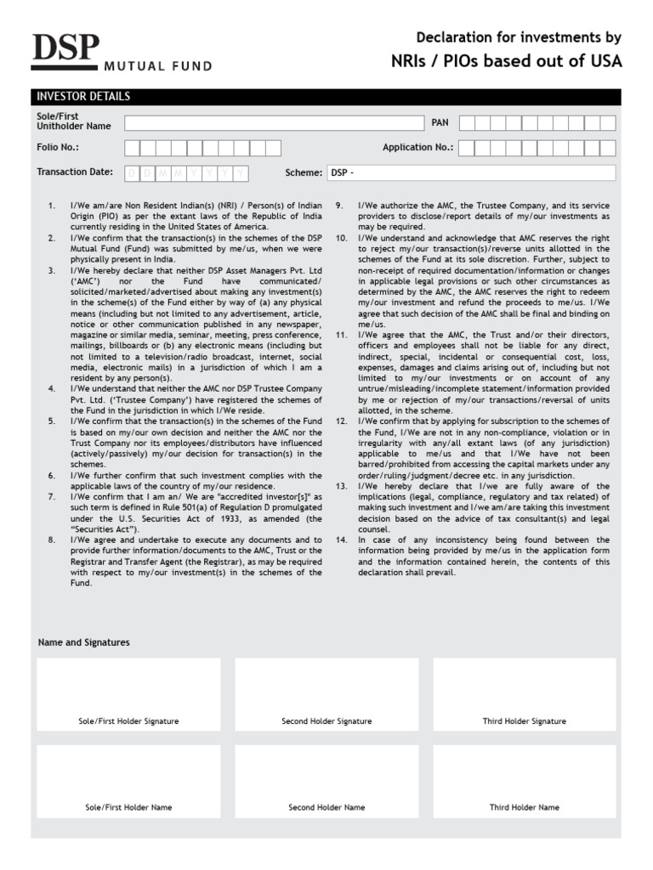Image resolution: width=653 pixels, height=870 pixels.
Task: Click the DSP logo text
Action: [65, 50]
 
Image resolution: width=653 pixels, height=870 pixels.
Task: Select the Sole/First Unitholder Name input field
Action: [274, 123]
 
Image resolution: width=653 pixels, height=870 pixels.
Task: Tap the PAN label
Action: [440, 123]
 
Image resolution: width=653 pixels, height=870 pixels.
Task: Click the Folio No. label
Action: [58, 147]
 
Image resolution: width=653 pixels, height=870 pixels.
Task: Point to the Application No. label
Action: [417, 148]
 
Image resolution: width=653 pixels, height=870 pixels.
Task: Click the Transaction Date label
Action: [75, 172]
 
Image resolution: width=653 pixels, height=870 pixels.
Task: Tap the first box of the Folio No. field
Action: [133, 148]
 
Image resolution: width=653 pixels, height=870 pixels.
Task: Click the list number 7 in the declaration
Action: [51, 497]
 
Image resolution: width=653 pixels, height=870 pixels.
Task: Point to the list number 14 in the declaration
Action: [341, 540]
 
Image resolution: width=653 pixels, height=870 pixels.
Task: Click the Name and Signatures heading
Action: [84, 642]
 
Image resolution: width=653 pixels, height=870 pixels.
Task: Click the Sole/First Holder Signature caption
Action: [128, 721]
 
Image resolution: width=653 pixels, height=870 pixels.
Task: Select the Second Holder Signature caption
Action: [326, 721]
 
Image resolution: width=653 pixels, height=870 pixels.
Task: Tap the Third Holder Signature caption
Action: [525, 721]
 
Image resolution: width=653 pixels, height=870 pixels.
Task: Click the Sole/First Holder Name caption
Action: [128, 808]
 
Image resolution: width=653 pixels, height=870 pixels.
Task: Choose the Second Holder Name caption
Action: [326, 808]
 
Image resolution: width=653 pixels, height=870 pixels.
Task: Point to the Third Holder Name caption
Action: [525, 808]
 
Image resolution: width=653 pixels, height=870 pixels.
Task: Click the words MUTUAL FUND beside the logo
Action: [157, 65]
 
